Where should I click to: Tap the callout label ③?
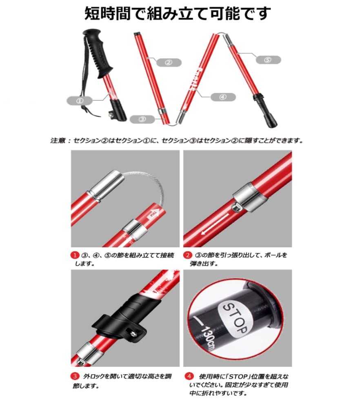click(x=142, y=119)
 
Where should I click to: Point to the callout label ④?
click(x=222, y=97)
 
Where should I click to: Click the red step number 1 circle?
click(x=75, y=255)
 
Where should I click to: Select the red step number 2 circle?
click(x=187, y=255)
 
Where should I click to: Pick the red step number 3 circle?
click(x=75, y=376)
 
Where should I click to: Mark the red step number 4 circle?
click(x=188, y=376)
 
